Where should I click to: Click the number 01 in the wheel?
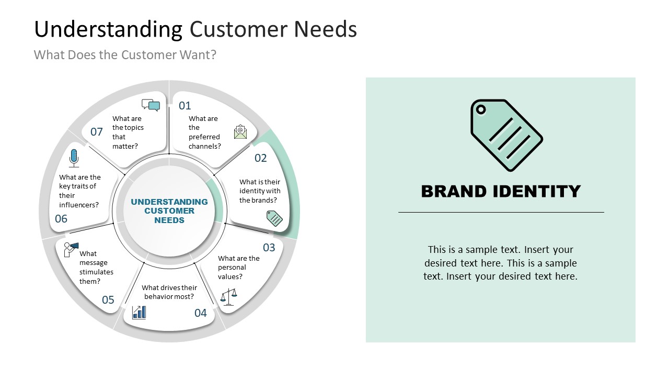185,106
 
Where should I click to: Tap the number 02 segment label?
260,158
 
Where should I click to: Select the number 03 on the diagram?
269,247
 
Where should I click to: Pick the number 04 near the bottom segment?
201,313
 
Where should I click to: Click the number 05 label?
108,300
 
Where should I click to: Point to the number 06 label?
61,219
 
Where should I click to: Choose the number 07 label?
97,132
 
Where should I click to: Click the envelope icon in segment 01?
240,131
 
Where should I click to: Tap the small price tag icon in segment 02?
274,218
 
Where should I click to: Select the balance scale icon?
228,297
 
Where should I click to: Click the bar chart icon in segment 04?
139,313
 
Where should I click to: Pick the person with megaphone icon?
71,249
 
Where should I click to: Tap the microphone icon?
74,158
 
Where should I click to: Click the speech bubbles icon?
151,105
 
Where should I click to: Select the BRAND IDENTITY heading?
501,192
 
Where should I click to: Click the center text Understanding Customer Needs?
169,211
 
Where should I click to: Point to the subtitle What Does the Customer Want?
125,55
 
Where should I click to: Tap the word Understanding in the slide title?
108,29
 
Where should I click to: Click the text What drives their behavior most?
169,292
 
